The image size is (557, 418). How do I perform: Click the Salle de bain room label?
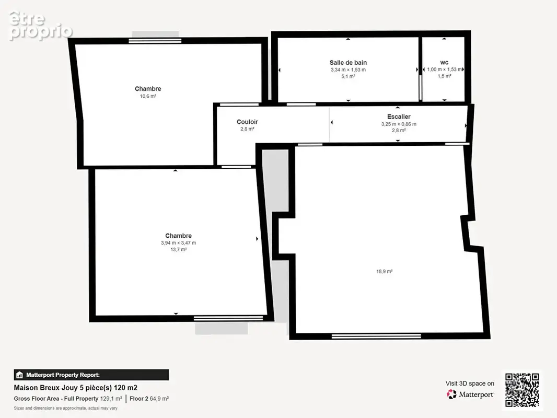pos(348,63)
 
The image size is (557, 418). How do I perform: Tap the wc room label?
pos(444,63)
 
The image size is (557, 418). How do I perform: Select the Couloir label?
pos(247,122)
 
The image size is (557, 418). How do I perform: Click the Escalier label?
pos(399,117)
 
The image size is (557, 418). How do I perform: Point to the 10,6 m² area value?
pos(148,96)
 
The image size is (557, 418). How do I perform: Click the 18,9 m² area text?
pos(385,271)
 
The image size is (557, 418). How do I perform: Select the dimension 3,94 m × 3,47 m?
pos(178,243)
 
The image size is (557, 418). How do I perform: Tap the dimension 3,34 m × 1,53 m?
pos(348,69)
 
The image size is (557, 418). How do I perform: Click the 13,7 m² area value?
pos(178,249)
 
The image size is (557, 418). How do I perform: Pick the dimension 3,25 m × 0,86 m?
pos(399,124)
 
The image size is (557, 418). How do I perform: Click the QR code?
pos(522,390)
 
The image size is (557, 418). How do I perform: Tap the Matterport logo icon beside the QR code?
pos(451,394)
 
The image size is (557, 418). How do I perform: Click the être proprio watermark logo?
pos(41,26)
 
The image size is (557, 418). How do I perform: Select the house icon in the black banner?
pos(19,375)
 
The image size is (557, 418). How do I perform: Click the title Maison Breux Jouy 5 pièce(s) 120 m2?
pos(76,388)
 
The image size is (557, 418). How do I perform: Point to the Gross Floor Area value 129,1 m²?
pos(111,399)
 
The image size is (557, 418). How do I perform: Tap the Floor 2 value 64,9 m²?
pos(159,399)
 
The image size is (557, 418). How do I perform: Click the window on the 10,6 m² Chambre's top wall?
pos(155,41)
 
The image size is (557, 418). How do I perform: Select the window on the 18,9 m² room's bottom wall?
pos(376,336)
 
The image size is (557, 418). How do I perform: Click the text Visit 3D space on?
pos(470,384)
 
